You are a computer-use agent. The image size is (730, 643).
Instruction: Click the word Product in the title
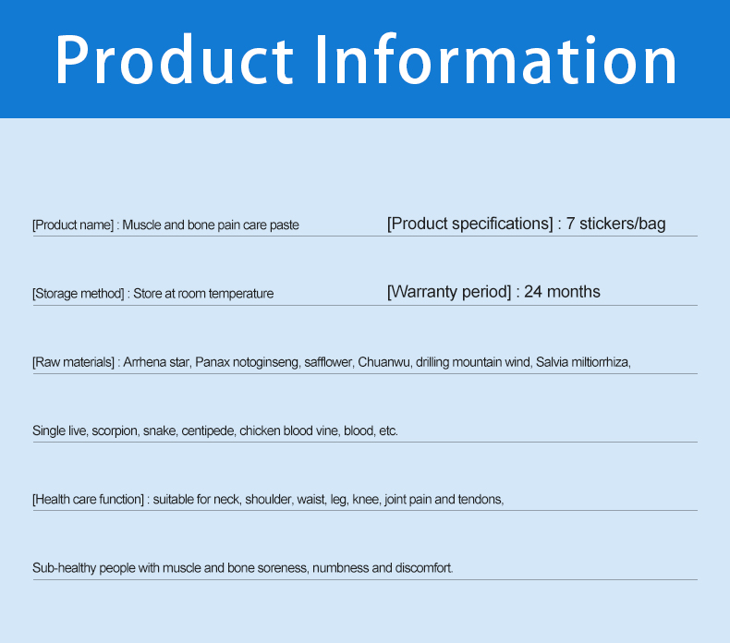click(172, 62)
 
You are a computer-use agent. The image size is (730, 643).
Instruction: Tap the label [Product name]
click(73, 225)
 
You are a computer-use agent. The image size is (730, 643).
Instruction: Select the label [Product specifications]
click(469, 224)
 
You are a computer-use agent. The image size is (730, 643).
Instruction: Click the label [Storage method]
click(79, 294)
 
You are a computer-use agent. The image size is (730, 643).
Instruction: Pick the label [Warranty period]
click(449, 292)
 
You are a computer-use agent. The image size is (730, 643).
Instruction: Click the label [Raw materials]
click(74, 362)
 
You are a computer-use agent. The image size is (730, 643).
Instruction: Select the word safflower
click(328, 362)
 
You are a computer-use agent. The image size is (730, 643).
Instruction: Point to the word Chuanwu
click(383, 362)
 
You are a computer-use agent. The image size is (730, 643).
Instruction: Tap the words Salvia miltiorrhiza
click(582, 362)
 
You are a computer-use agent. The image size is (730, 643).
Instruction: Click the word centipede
click(207, 431)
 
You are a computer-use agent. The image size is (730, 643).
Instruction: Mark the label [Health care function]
click(89, 500)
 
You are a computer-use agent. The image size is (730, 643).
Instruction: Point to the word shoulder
click(268, 500)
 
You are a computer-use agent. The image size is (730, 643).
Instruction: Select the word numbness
click(340, 568)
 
